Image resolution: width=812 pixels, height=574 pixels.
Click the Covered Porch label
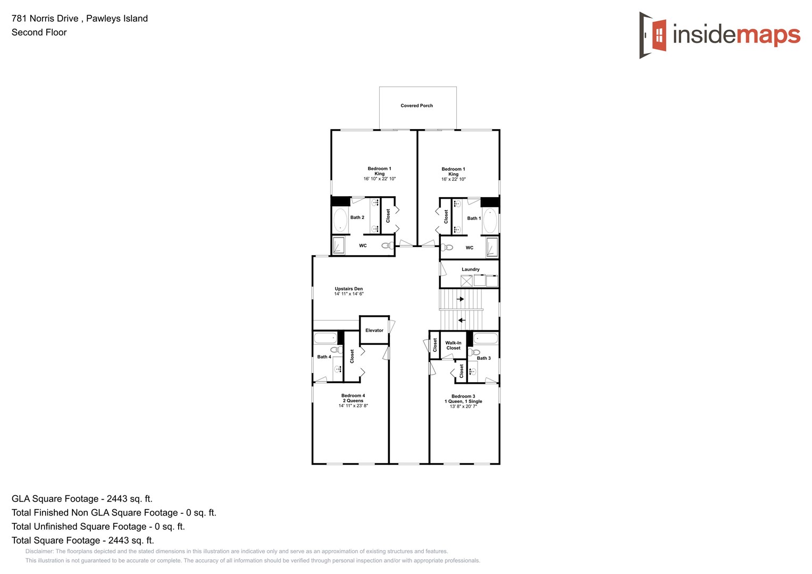click(416, 106)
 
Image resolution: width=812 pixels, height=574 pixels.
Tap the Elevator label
click(374, 331)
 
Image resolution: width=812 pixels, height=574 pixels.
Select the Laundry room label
click(470, 269)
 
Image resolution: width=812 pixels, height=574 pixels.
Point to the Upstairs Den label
click(348, 289)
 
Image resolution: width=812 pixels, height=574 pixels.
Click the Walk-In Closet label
click(453, 345)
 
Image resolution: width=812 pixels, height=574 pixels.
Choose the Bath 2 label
click(357, 217)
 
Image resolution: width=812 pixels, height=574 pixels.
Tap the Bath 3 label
click(483, 358)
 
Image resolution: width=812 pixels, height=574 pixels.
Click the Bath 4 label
click(324, 357)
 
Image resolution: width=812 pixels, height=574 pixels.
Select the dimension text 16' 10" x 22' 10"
click(379, 179)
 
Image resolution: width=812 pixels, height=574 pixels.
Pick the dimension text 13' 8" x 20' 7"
click(463, 407)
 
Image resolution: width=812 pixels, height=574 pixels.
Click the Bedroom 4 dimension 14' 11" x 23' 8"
click(353, 406)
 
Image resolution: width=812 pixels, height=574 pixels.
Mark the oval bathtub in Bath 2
click(340, 220)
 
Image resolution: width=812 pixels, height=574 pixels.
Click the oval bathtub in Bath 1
click(490, 221)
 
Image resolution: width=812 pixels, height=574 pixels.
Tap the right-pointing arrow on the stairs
click(461, 299)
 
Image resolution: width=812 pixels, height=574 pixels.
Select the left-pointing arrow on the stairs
click(461, 320)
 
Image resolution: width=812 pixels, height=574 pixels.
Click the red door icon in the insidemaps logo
click(658, 36)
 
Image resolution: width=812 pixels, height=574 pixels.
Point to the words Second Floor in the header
click(39, 32)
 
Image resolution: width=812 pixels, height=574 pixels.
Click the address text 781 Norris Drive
click(45, 19)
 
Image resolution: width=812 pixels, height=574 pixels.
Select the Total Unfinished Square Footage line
click(98, 527)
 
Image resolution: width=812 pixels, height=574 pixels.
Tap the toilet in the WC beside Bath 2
click(388, 246)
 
